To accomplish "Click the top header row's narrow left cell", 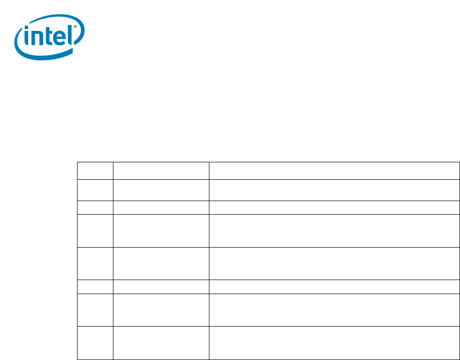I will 95,171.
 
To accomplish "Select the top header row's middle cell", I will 161,171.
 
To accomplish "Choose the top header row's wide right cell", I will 334,171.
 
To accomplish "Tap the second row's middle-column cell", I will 161,190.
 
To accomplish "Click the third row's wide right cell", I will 334,207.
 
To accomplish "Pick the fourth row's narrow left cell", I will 95,231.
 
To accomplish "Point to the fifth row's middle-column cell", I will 161,263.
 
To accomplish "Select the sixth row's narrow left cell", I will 95,286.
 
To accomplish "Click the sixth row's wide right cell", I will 334,286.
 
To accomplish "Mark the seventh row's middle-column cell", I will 161,310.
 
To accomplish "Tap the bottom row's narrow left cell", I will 95,343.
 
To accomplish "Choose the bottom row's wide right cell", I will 334,343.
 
